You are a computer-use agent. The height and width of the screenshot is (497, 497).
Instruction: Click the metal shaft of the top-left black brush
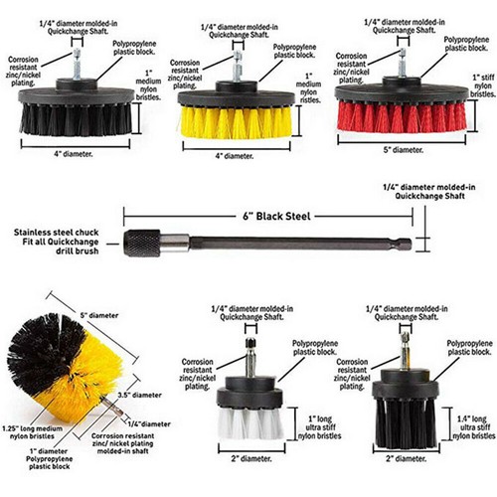point(76,65)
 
